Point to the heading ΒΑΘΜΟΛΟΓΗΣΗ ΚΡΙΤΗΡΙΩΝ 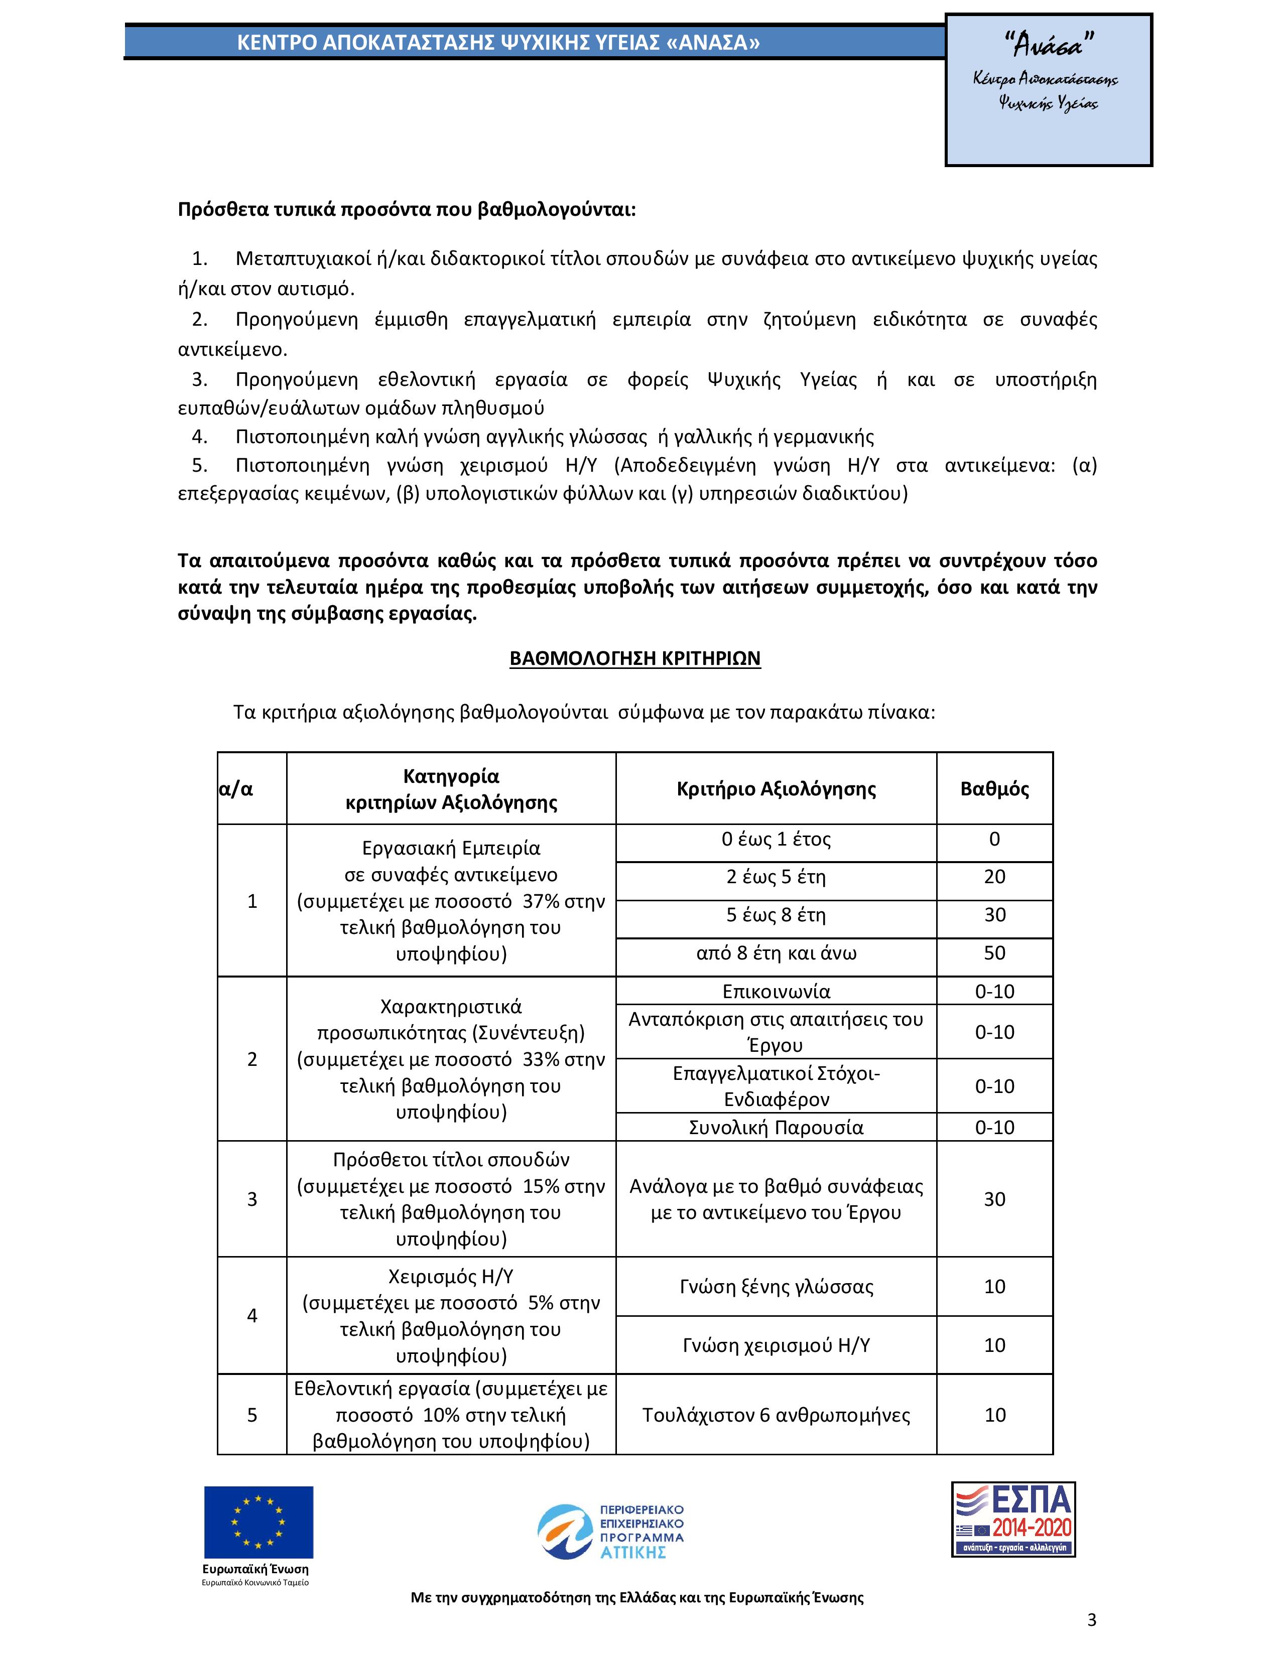pos(634,658)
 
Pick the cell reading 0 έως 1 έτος pos(776,840)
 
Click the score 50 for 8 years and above pos(994,953)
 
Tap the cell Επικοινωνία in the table pos(776,992)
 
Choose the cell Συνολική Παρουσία pos(776,1128)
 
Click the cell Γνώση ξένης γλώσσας pos(776,1287)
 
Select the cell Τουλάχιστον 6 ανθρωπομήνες pos(776,1415)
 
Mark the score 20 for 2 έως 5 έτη pos(994,877)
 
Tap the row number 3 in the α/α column pos(252,1199)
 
